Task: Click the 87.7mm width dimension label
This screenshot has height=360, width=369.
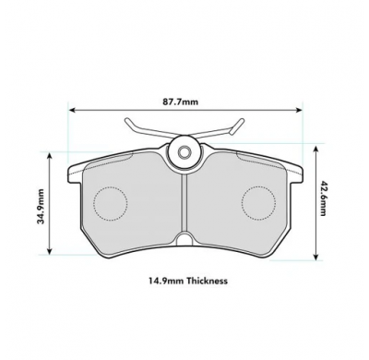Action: coord(181,102)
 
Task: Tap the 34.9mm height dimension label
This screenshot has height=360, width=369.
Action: coord(41,206)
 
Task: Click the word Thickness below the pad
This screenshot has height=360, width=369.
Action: coord(208,281)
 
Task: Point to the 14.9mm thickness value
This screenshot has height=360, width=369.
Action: coord(167,281)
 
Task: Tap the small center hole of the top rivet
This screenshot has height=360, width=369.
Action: coord(184,151)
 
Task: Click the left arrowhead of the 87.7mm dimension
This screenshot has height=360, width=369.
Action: coord(72,110)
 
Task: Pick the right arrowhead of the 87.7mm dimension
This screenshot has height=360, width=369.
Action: coord(299,110)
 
